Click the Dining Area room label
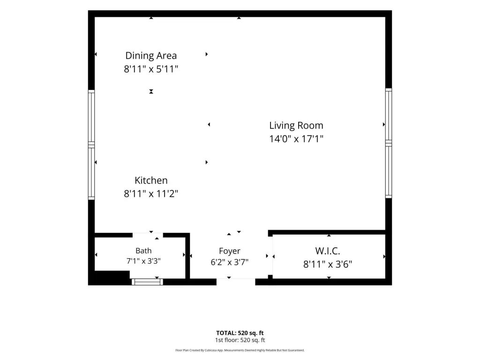(x=151, y=56)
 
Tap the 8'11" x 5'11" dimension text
(x=151, y=69)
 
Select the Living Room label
(x=296, y=126)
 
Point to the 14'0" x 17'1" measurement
(x=296, y=139)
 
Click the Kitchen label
(x=151, y=180)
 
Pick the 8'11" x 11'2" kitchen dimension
(x=151, y=194)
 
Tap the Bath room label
(x=143, y=251)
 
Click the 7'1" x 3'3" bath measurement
(x=143, y=261)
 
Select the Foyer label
(x=230, y=251)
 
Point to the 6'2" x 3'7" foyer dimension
(x=230, y=262)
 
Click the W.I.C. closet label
(x=328, y=251)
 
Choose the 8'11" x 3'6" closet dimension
(x=328, y=264)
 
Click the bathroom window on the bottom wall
(x=147, y=282)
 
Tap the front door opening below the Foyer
(x=236, y=282)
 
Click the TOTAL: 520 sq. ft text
(x=240, y=333)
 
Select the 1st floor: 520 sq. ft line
(x=240, y=340)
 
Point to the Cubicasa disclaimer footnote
(x=240, y=350)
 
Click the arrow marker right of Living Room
(x=383, y=125)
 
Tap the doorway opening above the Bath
(x=148, y=235)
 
